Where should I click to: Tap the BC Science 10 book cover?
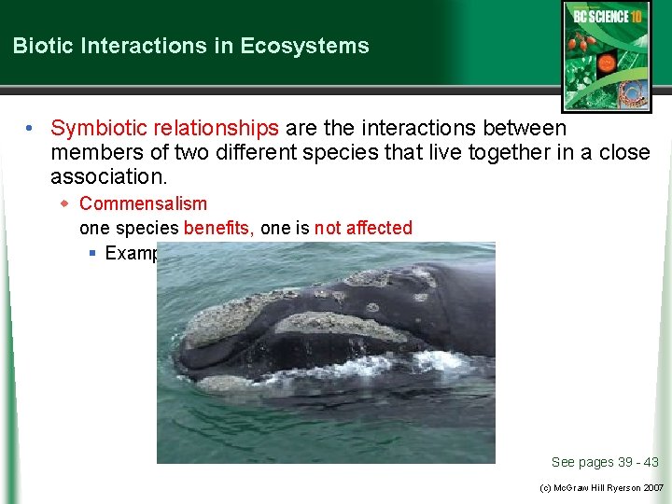(x=606, y=55)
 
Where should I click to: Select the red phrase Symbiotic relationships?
(x=164, y=128)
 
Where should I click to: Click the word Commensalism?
(x=143, y=203)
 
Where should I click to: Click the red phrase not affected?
(x=363, y=228)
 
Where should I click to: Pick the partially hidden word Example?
(x=130, y=253)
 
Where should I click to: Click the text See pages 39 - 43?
(x=605, y=462)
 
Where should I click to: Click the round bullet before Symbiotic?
(x=32, y=129)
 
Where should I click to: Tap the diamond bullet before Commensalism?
(x=65, y=203)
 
